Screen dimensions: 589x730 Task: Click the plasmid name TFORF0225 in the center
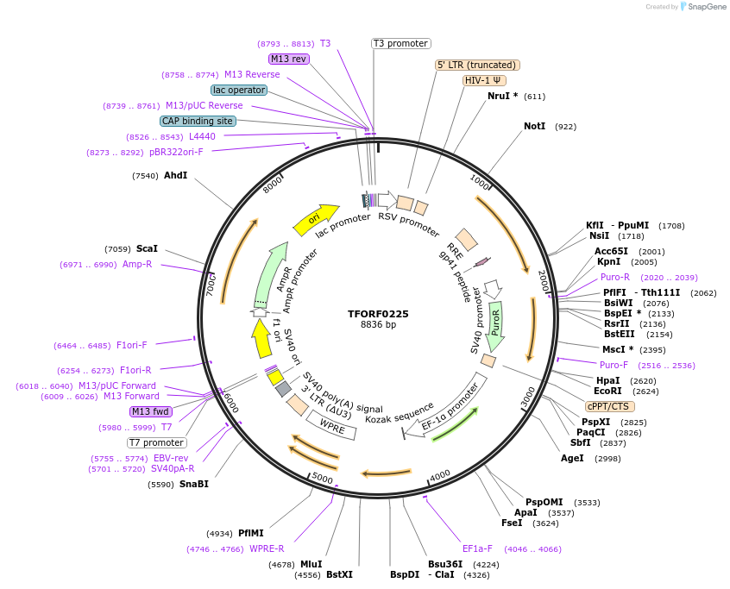[379, 314]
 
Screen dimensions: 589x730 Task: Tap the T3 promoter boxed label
[401, 43]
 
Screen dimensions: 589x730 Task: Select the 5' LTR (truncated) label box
[477, 65]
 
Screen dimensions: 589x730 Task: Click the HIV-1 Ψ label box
[484, 80]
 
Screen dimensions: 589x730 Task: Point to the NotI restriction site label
[534, 126]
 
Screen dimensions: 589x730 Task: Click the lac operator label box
[239, 90]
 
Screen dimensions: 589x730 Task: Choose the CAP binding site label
[198, 121]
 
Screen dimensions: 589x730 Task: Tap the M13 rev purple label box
[288, 59]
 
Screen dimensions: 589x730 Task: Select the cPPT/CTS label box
[609, 406]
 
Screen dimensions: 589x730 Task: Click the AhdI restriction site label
[175, 175]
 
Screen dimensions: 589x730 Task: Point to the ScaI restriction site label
[147, 248]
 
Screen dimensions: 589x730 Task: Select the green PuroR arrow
[494, 327]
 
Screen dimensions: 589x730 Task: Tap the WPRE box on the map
[332, 424]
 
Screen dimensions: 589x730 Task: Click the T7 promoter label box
[156, 442]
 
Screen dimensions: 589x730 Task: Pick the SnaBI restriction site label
[193, 484]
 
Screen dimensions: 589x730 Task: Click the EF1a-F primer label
[477, 548]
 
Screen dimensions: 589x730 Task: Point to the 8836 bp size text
[379, 325]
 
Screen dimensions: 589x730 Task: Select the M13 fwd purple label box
[151, 411]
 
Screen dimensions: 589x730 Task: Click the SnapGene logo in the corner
[700, 7]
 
